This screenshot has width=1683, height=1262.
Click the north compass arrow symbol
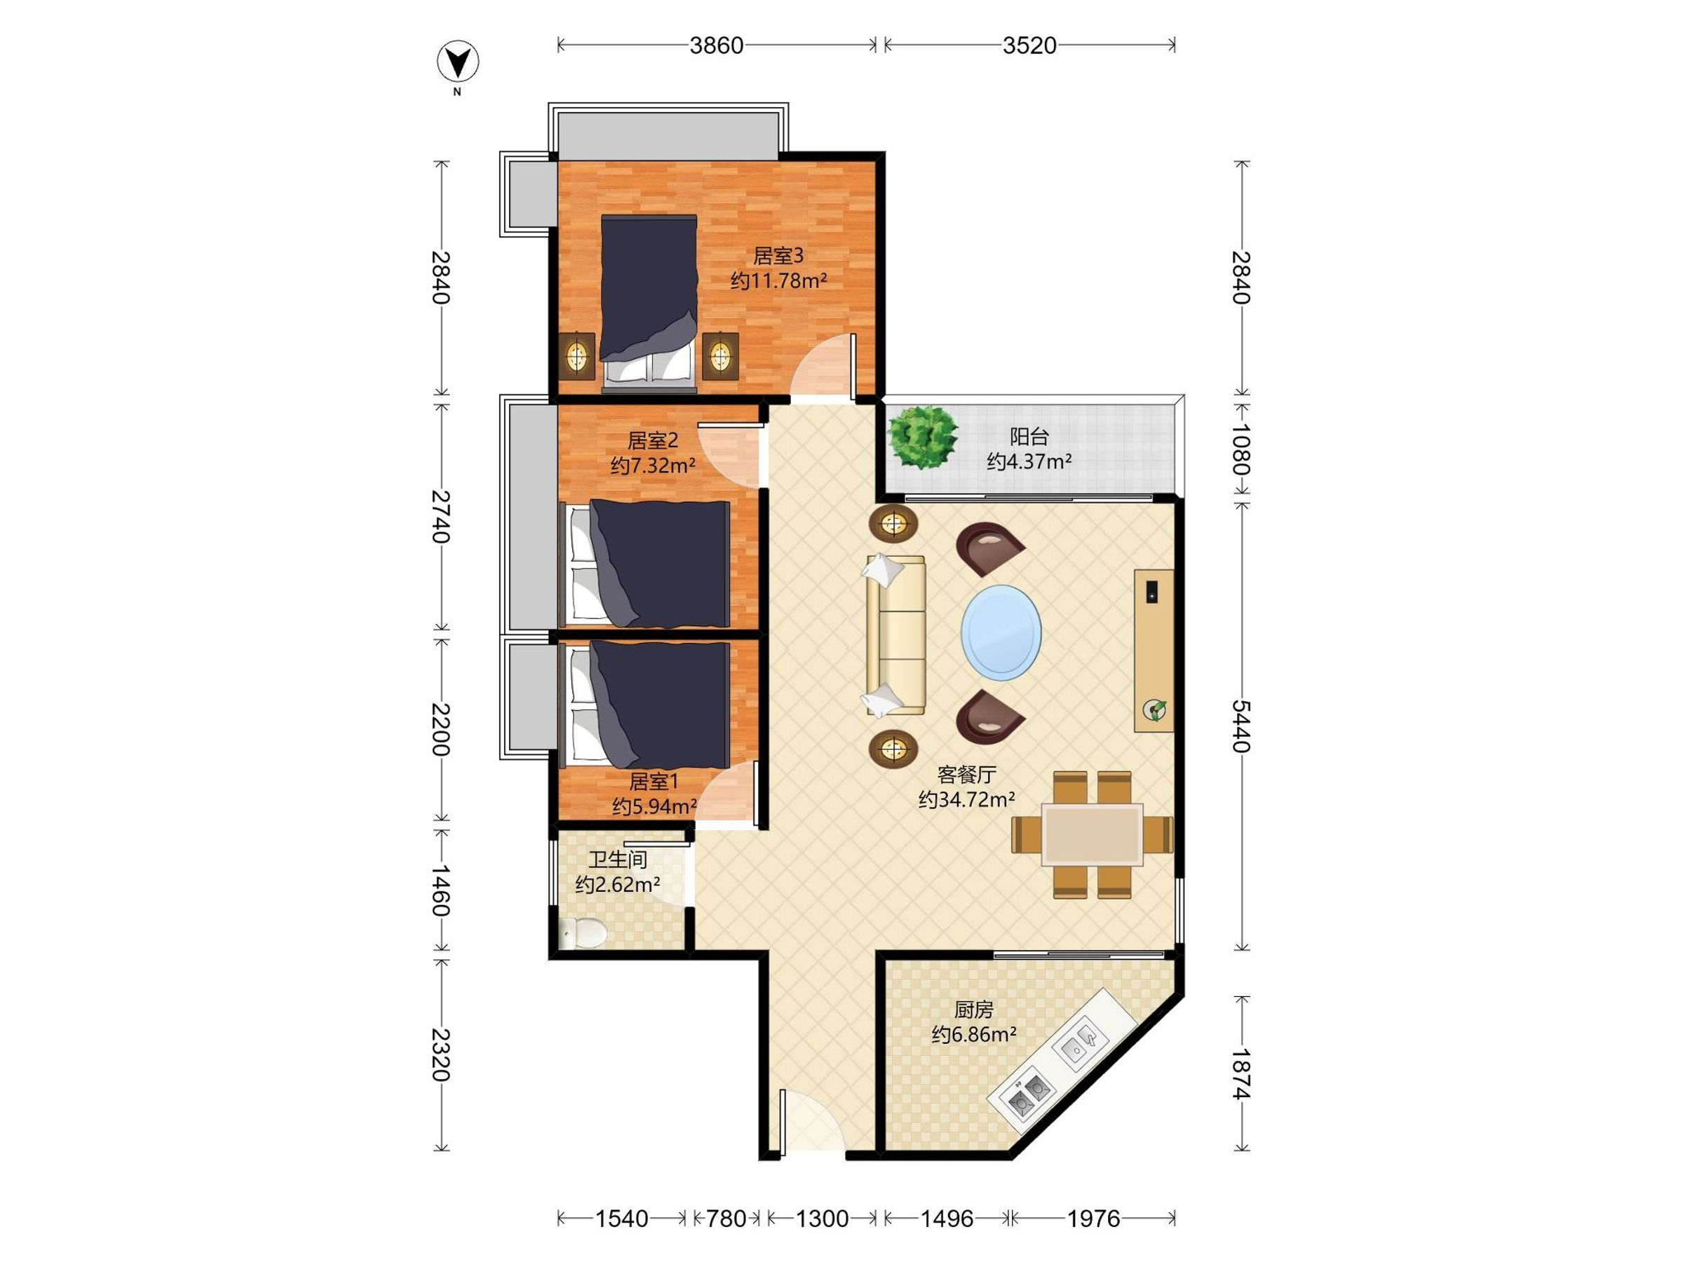458,62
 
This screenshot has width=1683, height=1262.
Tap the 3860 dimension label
716,46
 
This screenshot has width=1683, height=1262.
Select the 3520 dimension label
1029,46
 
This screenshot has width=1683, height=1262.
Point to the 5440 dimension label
1241,726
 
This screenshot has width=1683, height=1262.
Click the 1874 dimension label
1241,1073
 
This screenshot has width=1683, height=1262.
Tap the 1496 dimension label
947,1219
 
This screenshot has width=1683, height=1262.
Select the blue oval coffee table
1001,632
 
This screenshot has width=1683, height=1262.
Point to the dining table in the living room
1093,834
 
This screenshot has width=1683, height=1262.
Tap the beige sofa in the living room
895,635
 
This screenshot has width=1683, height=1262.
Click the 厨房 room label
974,1010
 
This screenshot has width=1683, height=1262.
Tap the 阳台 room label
1029,437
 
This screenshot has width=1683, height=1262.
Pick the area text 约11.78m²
778,280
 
